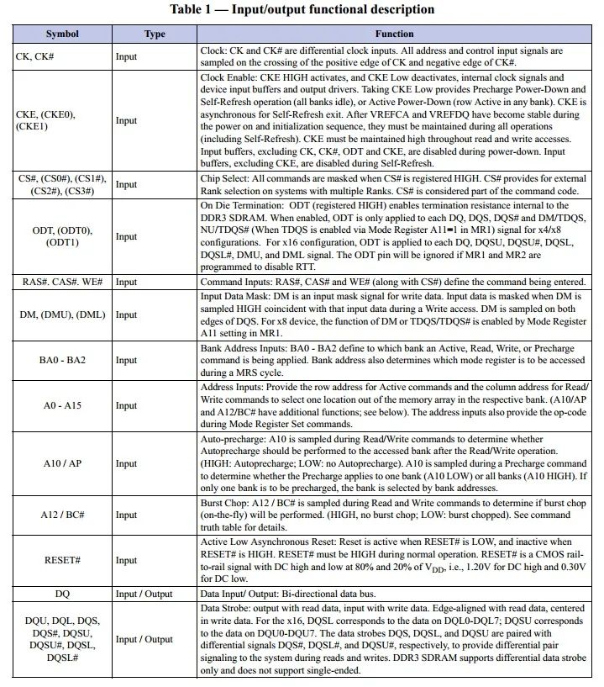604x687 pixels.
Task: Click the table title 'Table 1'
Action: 302,9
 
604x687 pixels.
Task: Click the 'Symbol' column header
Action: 62,34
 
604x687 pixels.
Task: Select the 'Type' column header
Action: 155,34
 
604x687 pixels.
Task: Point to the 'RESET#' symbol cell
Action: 62,560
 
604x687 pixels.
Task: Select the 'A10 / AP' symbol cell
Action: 62,463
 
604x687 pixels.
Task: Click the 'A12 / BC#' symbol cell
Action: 62,515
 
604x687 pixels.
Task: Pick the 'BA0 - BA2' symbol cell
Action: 62,360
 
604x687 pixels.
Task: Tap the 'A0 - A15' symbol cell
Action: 62,405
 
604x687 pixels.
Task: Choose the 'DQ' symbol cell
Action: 62,593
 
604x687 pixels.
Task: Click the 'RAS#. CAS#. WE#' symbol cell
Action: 62,283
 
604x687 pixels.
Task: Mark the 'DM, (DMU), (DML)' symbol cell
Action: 62,314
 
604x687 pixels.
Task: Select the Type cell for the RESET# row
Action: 127,560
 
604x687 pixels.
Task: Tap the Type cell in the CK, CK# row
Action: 127,56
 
